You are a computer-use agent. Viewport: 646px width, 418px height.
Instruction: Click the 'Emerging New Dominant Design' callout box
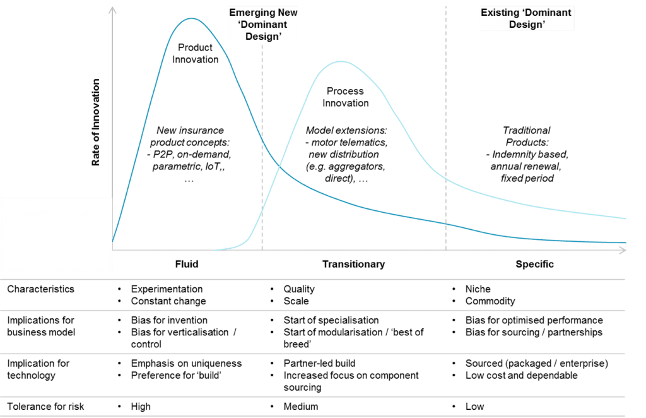pos(262,25)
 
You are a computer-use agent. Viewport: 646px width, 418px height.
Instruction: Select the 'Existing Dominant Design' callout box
pos(526,18)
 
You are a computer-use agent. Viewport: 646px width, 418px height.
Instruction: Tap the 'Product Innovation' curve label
pos(195,54)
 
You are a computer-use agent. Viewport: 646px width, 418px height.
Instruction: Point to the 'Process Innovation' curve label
pos(346,97)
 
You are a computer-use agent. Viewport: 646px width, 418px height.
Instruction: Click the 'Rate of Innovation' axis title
pos(96,122)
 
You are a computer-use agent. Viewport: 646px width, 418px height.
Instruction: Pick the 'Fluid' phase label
pos(186,264)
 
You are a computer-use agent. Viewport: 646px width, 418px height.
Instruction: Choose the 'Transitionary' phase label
pos(353,264)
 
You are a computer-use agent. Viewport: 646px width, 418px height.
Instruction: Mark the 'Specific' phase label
pos(535,264)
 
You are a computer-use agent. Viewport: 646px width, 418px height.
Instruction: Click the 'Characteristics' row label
pos(40,289)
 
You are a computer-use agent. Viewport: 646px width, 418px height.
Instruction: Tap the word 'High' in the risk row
pos(141,407)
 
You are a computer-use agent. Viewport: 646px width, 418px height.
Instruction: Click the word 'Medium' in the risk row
pos(301,407)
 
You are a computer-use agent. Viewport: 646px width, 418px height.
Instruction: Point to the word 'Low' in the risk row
pos(474,407)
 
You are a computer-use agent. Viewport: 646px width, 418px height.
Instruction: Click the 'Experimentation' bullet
pos(167,289)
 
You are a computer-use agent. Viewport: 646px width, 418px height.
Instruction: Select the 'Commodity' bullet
pos(490,301)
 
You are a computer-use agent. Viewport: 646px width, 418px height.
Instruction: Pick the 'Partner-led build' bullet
pos(319,364)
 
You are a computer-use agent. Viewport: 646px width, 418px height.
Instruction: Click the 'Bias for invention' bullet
pos(169,320)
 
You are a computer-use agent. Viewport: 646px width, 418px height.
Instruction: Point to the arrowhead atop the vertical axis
pos(114,9)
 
